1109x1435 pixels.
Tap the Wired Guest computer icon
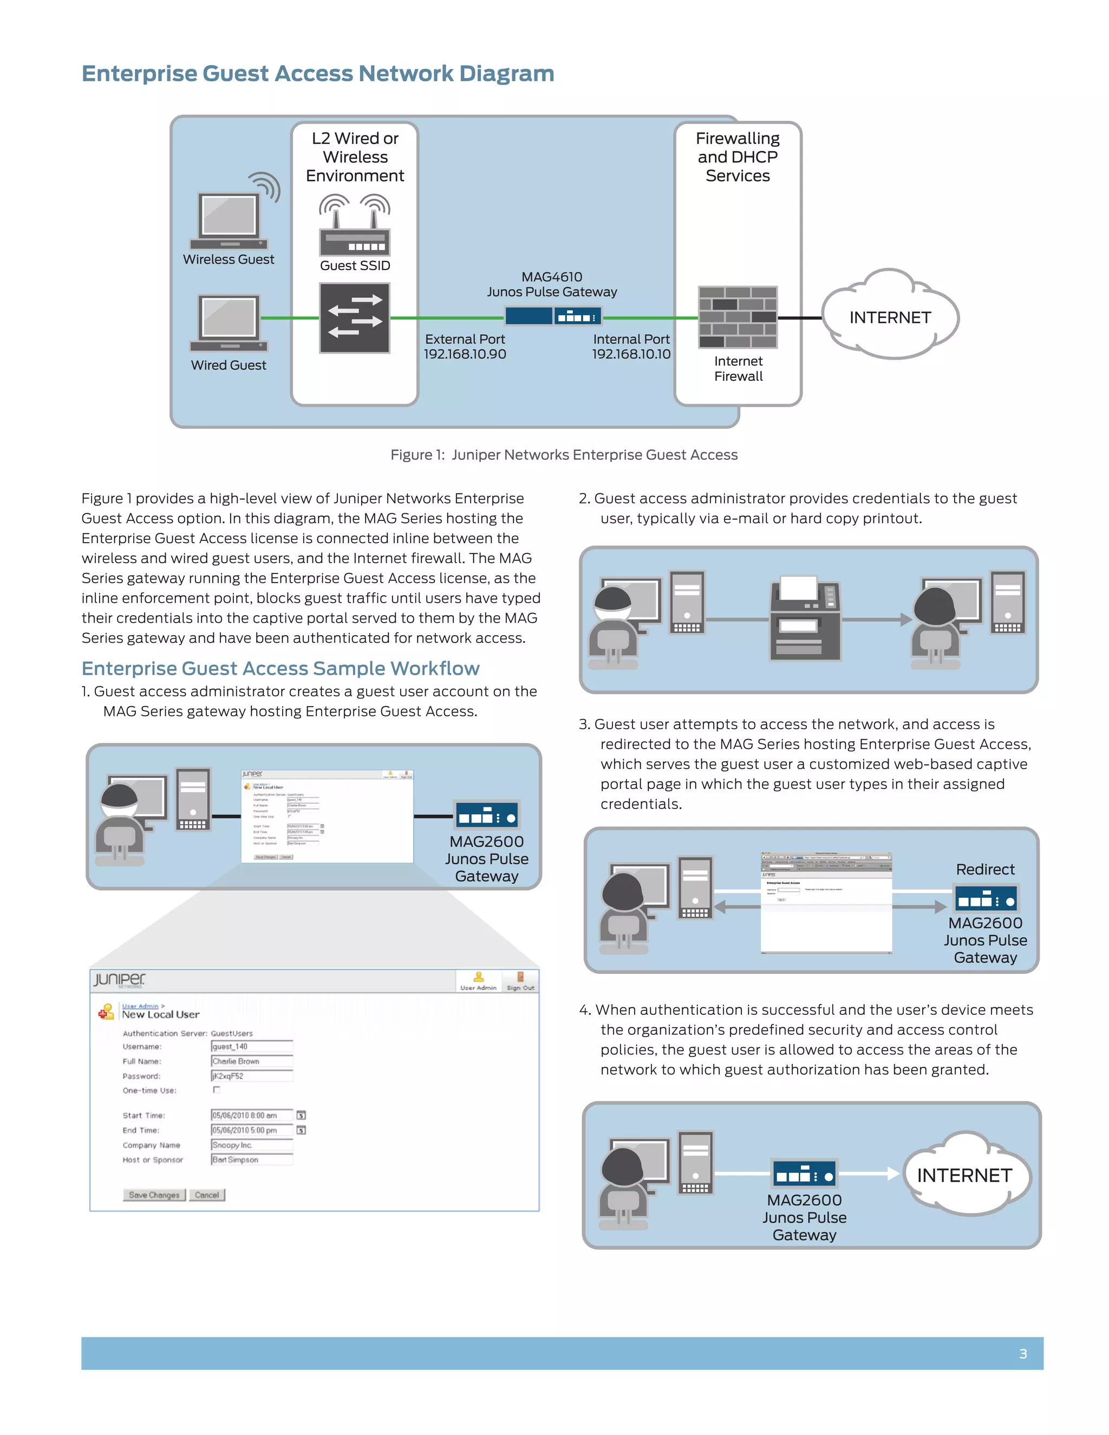(x=229, y=323)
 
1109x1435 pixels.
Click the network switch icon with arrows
(x=355, y=318)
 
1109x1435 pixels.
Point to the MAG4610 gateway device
(x=552, y=317)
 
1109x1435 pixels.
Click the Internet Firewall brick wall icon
(x=738, y=317)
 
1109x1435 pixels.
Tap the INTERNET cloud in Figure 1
(x=890, y=317)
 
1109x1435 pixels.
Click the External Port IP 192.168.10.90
(x=465, y=354)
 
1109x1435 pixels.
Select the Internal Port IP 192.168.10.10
(x=631, y=354)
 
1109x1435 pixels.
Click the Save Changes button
(x=154, y=1195)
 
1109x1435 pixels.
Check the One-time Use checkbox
(x=216, y=1090)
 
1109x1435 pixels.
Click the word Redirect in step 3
(x=985, y=869)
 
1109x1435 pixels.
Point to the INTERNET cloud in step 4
(x=964, y=1175)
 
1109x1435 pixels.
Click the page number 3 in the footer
(x=1023, y=1354)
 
